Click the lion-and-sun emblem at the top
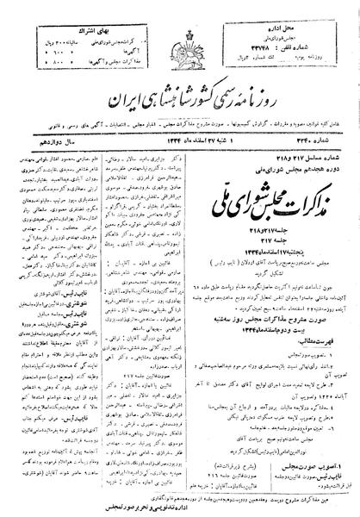pos(180,43)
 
